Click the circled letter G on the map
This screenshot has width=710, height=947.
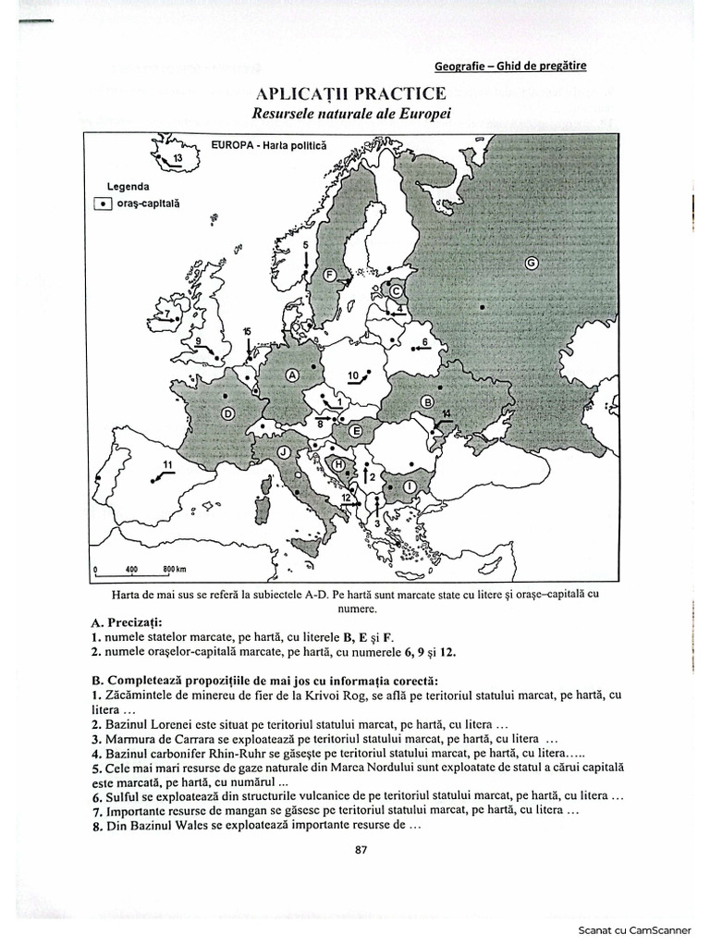click(531, 263)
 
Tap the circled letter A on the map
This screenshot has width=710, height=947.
click(293, 375)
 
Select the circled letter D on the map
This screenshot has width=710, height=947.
click(227, 414)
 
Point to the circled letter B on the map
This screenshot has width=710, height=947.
click(427, 401)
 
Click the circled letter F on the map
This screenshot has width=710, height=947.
click(329, 275)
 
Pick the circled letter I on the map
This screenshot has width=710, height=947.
click(409, 484)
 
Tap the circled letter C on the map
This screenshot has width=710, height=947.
click(395, 290)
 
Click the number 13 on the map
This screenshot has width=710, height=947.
click(178, 159)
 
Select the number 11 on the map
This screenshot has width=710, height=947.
click(167, 463)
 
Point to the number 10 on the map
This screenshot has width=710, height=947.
click(353, 375)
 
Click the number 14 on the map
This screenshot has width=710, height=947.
click(447, 412)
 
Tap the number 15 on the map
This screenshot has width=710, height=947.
click(247, 331)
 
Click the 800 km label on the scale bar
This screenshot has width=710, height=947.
click(175, 569)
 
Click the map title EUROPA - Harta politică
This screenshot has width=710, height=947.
click(269, 145)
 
